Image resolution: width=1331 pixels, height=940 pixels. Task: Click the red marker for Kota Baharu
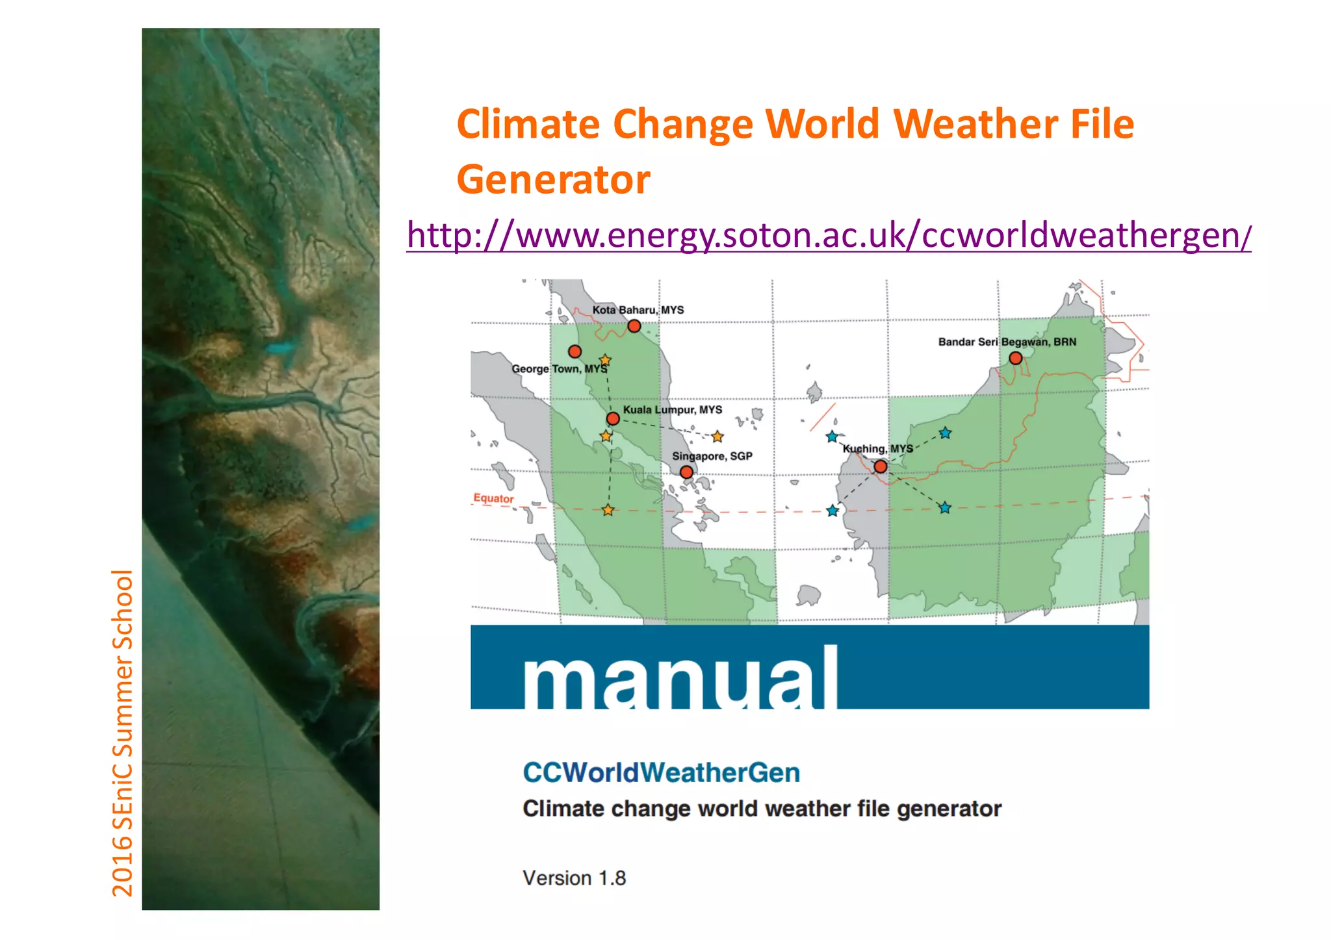[634, 326]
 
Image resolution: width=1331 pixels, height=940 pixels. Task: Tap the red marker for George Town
[575, 351]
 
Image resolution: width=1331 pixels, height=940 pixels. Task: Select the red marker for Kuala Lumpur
[613, 418]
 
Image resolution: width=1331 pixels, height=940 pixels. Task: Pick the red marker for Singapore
[686, 472]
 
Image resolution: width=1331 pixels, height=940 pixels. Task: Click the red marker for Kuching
[881, 466]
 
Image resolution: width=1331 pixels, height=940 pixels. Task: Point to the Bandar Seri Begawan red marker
[1015, 358]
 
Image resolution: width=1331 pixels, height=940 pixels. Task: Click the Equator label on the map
[493, 498]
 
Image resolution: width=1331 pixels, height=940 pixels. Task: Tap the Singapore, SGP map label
[712, 456]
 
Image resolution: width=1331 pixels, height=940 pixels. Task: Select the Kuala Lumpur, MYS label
[672, 410]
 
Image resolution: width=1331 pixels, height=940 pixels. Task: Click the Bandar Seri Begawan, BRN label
[1007, 342]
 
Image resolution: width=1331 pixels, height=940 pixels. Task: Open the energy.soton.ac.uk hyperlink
[828, 235]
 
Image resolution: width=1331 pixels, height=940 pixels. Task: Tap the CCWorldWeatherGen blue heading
[661, 772]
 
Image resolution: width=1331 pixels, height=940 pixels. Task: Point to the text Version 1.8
[574, 878]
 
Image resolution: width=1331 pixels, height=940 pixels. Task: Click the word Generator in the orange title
[553, 179]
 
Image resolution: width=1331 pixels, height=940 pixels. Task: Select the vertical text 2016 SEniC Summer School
[122, 733]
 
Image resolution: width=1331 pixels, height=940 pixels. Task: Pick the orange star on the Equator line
[608, 510]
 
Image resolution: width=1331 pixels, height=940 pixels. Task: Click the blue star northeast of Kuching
[945, 433]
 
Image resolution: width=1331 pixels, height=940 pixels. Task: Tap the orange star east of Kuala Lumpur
[717, 437]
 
